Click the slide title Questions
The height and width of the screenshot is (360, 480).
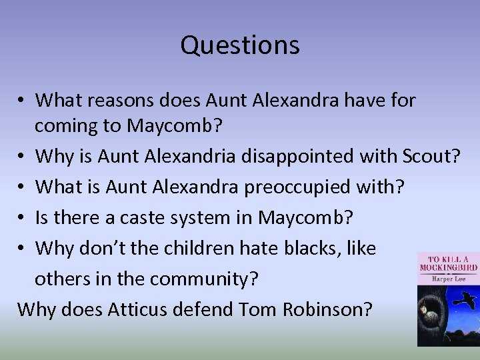tap(240, 45)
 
